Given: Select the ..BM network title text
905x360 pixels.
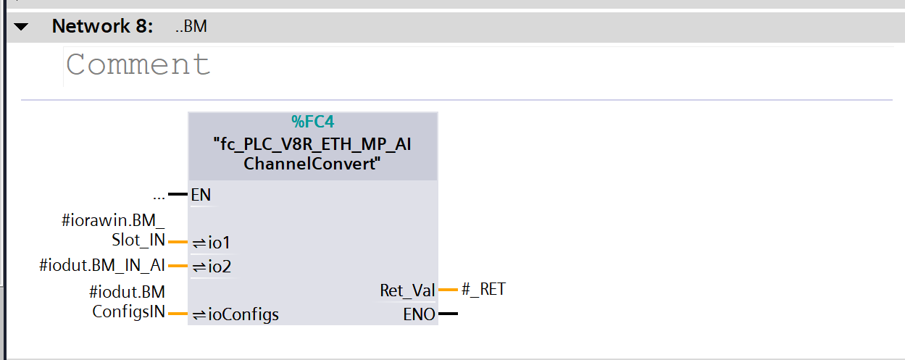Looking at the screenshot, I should [191, 28].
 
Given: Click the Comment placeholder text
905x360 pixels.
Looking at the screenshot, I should [138, 64].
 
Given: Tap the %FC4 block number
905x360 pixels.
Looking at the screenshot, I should [312, 122].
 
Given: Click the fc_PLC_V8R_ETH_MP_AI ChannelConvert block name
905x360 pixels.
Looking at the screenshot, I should [312, 154].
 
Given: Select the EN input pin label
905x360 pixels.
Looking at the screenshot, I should [201, 195].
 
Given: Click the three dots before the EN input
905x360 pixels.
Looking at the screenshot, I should [159, 195].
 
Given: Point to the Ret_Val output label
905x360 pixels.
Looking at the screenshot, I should [407, 290].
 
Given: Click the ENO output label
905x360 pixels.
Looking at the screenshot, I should [419, 314].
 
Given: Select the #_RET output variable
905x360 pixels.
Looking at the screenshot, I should [483, 290].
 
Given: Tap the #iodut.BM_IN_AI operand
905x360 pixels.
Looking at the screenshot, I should [102, 266].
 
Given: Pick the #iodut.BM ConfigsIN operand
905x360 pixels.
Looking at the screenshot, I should [128, 302].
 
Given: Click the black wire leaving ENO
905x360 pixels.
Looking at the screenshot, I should [448, 314].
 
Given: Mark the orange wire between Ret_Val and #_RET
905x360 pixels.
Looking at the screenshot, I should [448, 290].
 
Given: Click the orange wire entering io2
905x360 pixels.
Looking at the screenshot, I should [178, 267].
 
